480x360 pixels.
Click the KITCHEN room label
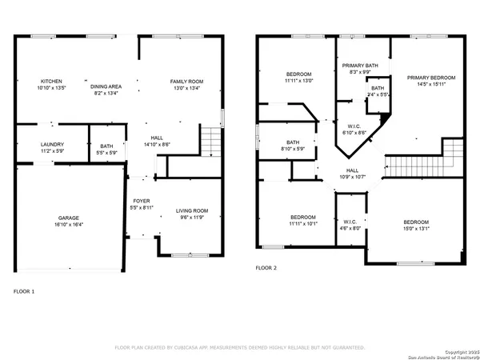point(51,82)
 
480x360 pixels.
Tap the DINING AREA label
point(106,86)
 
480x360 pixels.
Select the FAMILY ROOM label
point(186,82)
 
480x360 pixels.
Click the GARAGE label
point(68,218)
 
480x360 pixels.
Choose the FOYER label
point(141,201)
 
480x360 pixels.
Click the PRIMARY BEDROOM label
point(430,78)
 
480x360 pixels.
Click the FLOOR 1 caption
point(24,291)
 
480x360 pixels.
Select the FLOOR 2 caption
point(266,268)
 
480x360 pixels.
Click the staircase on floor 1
point(210,142)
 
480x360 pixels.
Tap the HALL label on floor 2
point(353,170)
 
